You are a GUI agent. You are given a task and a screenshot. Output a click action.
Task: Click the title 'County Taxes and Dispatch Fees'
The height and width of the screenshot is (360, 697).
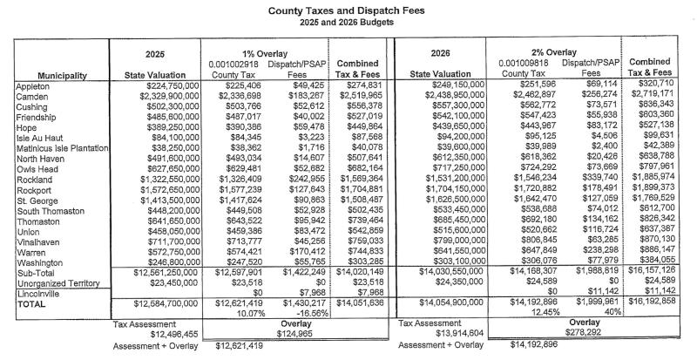(348, 8)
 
